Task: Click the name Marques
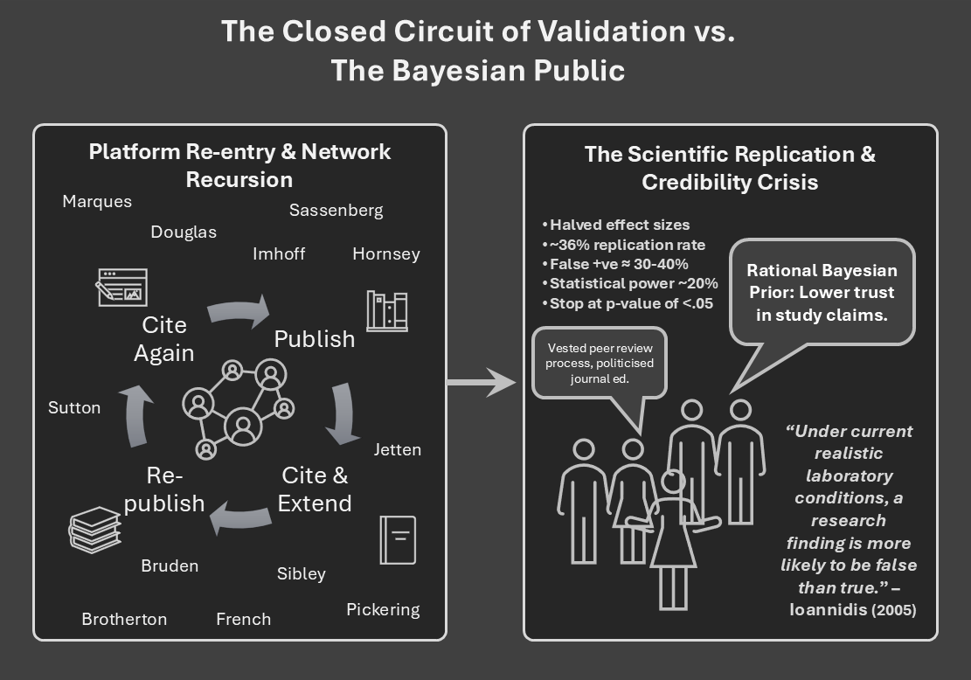97,202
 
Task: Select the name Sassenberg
336,210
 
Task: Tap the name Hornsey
385,254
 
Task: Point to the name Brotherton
124,619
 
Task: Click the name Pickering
383,609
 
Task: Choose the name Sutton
74,407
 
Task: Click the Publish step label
315,339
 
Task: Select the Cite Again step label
164,338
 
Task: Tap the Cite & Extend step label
315,489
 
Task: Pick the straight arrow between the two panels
482,382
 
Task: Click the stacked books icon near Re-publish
94,530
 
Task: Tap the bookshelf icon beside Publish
386,310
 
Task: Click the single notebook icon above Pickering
398,539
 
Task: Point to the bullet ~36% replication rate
623,245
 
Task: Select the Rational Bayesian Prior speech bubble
821,293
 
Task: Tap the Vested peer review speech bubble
600,363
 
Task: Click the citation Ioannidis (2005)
852,610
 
